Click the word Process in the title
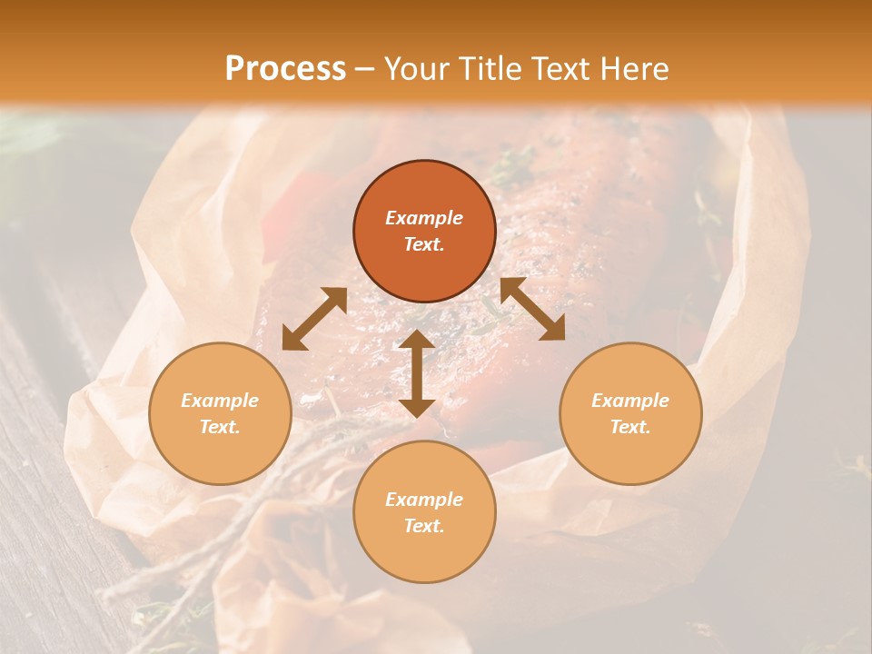tap(285, 68)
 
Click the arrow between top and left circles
tap(314, 318)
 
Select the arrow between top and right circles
tap(532, 309)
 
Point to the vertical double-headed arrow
tap(417, 373)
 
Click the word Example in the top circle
tap(424, 218)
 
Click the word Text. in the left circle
tap(220, 427)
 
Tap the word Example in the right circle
tap(630, 401)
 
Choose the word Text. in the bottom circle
tap(424, 526)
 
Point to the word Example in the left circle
tap(220, 401)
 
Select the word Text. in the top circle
tap(424, 244)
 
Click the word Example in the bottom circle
tap(424, 500)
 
